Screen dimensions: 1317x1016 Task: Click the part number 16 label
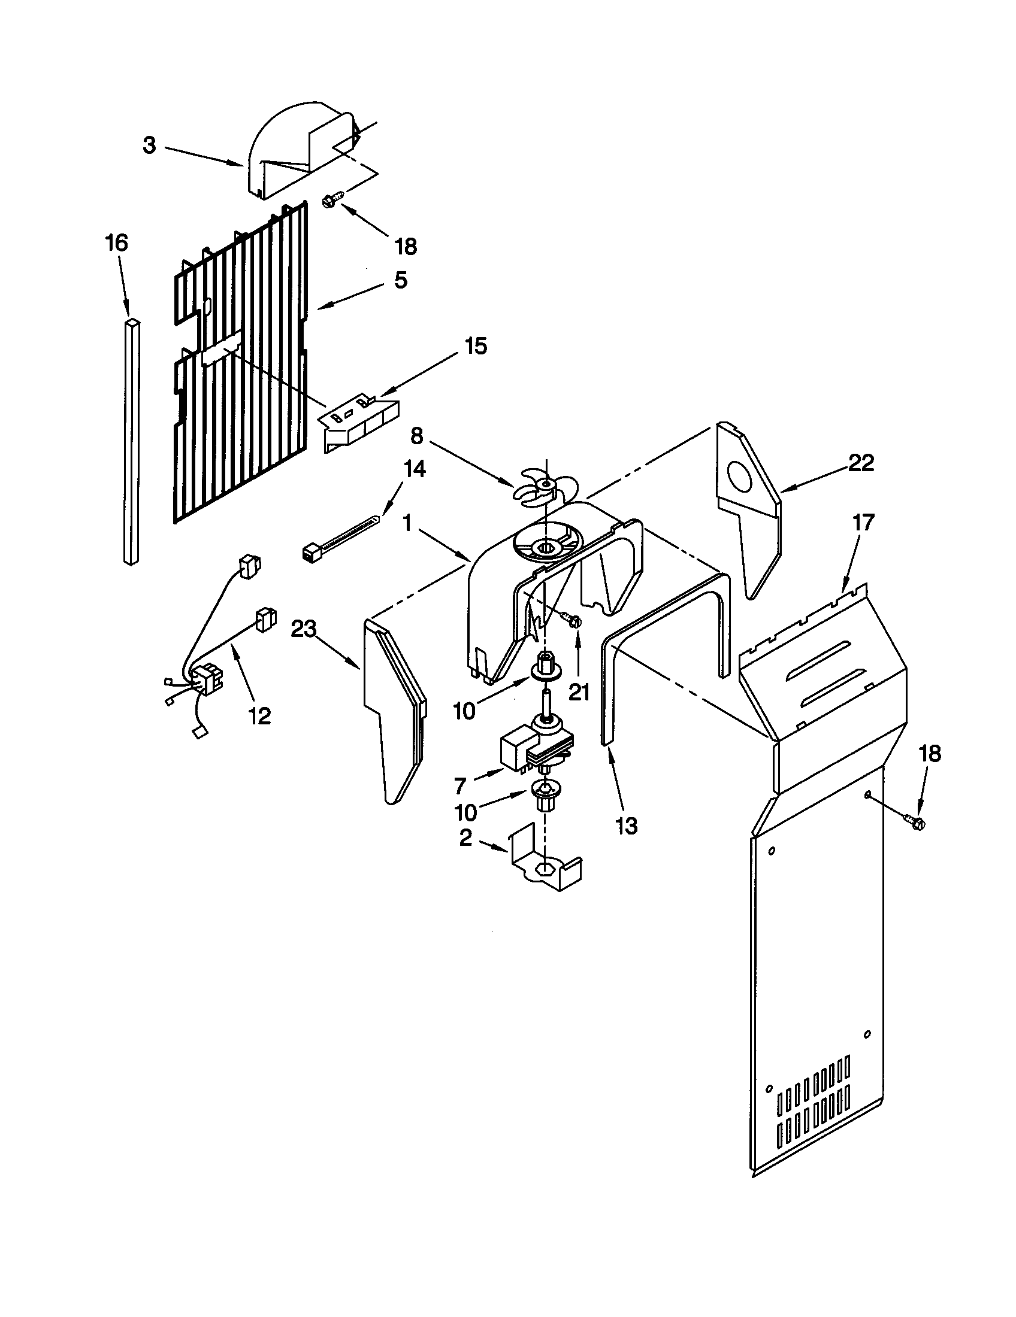[116, 243]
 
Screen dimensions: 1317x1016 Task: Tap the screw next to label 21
[570, 619]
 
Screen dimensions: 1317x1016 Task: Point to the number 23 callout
[304, 630]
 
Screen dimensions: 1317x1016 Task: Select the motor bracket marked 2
[545, 866]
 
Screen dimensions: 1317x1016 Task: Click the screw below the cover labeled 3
[334, 198]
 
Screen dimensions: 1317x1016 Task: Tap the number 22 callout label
[861, 463]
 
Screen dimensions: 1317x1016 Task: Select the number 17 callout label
[863, 522]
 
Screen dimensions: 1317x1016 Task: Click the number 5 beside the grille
[401, 280]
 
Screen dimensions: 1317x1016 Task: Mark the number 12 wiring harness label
[260, 716]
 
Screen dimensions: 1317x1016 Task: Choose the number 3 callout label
[149, 145]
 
